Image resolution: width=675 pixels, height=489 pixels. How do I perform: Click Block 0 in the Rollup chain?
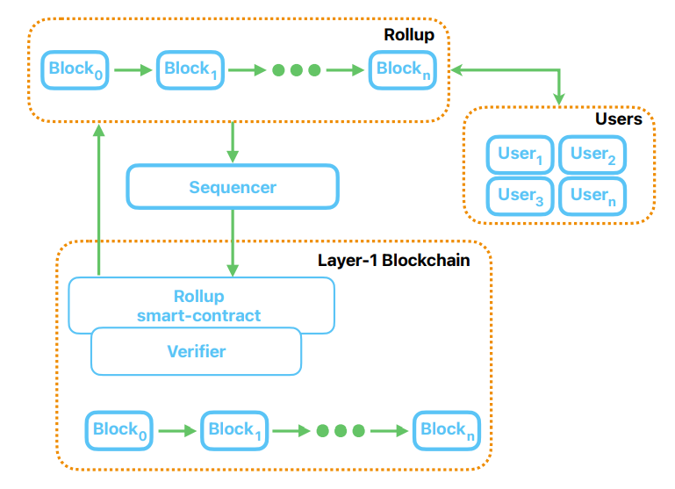click(x=75, y=69)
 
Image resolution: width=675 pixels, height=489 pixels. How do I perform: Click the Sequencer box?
click(x=233, y=187)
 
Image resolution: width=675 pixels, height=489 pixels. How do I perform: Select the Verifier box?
click(x=196, y=352)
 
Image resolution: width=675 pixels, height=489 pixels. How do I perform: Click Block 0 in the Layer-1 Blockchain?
click(x=118, y=430)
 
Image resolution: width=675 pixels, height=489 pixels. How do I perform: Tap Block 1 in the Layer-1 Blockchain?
click(x=235, y=430)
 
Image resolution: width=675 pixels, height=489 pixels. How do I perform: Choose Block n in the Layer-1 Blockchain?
click(x=447, y=430)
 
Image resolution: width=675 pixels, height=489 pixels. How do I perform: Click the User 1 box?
click(x=520, y=155)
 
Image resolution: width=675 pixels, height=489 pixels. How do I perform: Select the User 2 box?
click(x=592, y=155)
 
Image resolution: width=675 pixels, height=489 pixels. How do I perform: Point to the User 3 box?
click(x=520, y=196)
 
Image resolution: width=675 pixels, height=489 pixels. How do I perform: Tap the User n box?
click(x=592, y=196)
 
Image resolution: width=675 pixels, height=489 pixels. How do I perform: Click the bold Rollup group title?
click(x=409, y=34)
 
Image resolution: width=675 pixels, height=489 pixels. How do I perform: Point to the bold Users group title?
click(x=618, y=119)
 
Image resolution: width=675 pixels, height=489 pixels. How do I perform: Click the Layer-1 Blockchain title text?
click(x=393, y=260)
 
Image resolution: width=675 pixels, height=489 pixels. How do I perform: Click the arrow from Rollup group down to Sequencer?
click(x=233, y=142)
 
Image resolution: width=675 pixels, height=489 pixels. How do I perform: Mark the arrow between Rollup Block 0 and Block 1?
click(x=133, y=69)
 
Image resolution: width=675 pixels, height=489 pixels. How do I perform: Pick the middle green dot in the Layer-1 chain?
click(x=340, y=431)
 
